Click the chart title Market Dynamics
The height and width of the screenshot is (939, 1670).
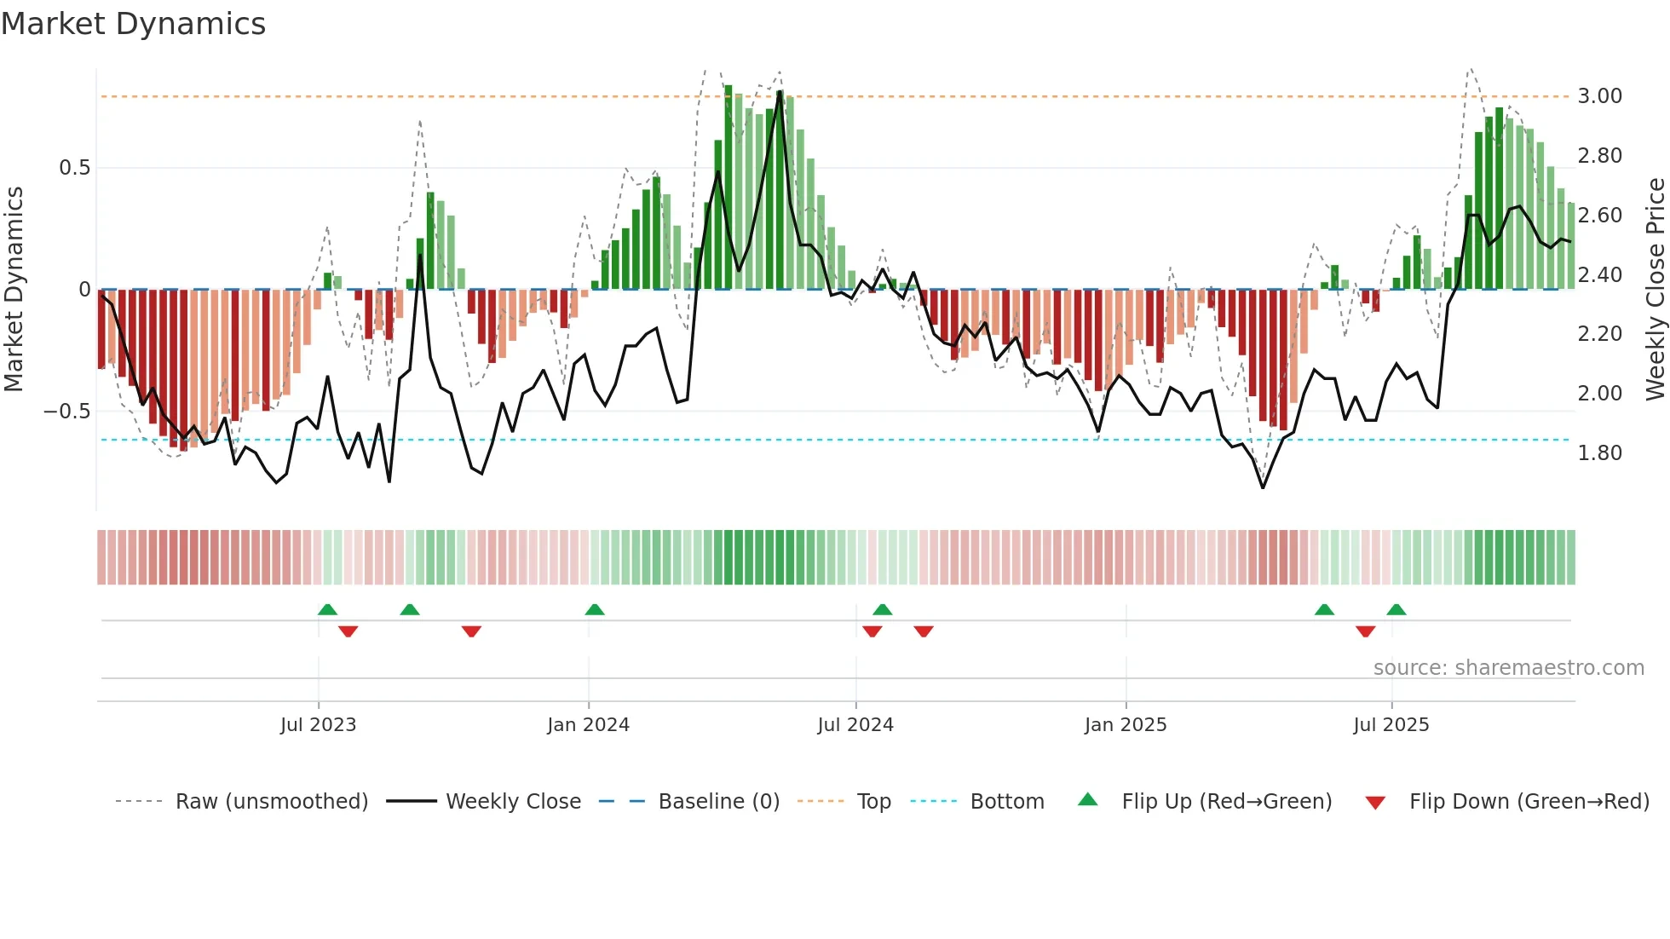coord(133,24)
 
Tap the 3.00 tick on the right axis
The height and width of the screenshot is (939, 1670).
coord(1599,96)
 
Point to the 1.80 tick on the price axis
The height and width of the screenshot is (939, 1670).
coord(1599,453)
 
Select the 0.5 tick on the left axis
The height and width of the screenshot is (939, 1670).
coord(74,168)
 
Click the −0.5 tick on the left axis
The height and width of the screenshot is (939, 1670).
coord(67,412)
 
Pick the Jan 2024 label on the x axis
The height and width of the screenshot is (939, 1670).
coord(588,725)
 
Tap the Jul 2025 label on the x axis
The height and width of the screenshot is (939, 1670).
coord(1391,725)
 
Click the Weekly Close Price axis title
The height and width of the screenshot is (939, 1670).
coord(1655,290)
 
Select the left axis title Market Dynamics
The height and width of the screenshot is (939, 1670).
coord(14,290)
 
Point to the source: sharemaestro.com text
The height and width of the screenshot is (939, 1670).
coord(1508,668)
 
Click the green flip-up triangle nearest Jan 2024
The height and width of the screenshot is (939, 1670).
coord(595,609)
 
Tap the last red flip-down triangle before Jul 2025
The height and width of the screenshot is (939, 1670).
coord(1365,631)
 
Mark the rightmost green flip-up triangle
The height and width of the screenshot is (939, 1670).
coord(1396,609)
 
